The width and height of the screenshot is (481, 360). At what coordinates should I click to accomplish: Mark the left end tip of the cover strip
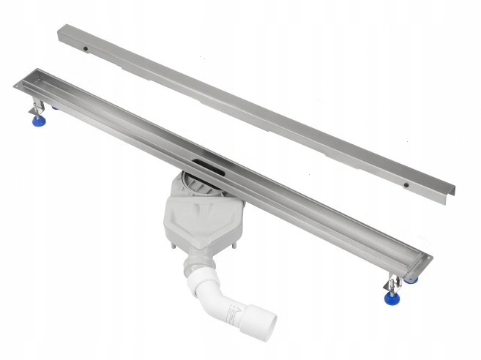pyautogui.click(x=60, y=30)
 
